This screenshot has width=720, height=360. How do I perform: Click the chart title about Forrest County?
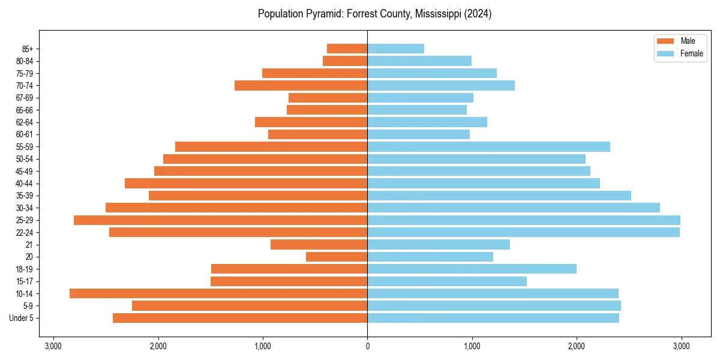point(374,14)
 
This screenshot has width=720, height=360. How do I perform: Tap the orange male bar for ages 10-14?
point(218,293)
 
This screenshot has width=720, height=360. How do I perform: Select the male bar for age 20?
point(337,257)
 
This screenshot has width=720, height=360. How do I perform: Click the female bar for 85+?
point(395,49)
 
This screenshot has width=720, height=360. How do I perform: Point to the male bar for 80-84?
point(345,61)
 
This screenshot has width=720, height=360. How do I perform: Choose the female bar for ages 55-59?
point(488,146)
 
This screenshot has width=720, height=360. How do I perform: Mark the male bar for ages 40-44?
point(246,183)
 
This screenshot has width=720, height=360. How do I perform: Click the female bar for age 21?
point(439,244)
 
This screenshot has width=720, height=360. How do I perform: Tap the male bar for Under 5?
point(240,318)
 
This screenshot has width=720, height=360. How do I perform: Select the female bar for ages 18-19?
point(472,269)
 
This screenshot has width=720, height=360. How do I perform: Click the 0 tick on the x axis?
point(367,346)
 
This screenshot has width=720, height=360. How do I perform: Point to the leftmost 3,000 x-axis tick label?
point(53,346)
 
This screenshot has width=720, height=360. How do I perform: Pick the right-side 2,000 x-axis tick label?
point(576,346)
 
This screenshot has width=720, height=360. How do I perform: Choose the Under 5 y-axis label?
point(22,318)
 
